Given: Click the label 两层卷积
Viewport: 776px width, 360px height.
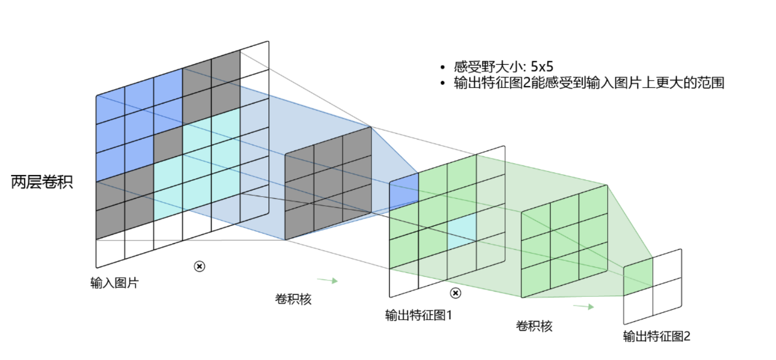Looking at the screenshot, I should click(42, 182).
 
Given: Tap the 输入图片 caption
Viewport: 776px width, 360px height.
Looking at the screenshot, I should click(114, 283).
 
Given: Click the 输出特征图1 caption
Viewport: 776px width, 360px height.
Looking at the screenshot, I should click(418, 315).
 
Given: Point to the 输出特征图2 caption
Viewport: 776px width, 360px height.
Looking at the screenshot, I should click(657, 336).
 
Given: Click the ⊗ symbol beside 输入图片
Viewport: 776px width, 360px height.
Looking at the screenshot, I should click(199, 266).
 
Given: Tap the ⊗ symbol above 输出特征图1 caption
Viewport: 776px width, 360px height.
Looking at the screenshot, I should click(455, 293).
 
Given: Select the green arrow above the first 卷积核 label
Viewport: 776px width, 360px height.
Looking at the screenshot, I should click(327, 280).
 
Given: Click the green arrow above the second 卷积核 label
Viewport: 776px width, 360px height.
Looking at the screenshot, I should click(583, 306).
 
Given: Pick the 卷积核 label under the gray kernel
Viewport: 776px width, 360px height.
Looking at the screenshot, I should click(293, 299).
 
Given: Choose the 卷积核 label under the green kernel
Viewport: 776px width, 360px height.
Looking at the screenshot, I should click(534, 326).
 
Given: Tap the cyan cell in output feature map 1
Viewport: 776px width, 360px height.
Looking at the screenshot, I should click(461, 232).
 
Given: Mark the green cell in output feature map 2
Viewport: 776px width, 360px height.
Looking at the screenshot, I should click(638, 277).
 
